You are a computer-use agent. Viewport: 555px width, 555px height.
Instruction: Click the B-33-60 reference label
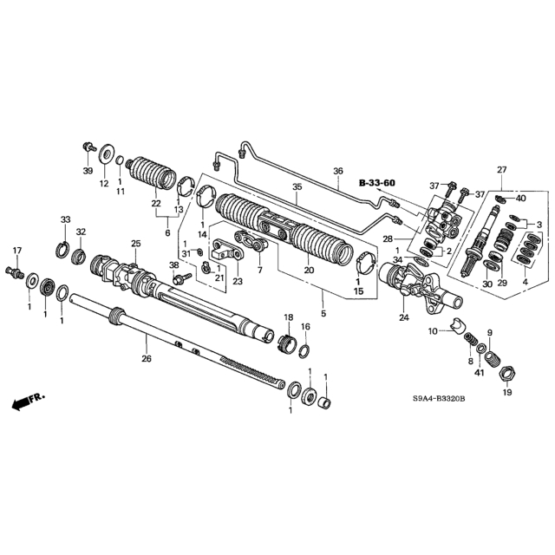coord(377,183)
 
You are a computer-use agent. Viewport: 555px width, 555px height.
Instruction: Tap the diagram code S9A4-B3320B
coord(439,399)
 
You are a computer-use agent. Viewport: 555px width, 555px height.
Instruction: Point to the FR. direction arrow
coord(29,402)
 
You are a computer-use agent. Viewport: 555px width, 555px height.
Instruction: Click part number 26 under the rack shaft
coord(147,358)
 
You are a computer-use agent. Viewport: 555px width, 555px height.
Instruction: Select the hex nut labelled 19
coord(508,374)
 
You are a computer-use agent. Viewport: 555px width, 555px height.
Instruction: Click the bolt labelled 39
coord(88,147)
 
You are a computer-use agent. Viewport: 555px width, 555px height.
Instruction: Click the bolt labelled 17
coord(14,271)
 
